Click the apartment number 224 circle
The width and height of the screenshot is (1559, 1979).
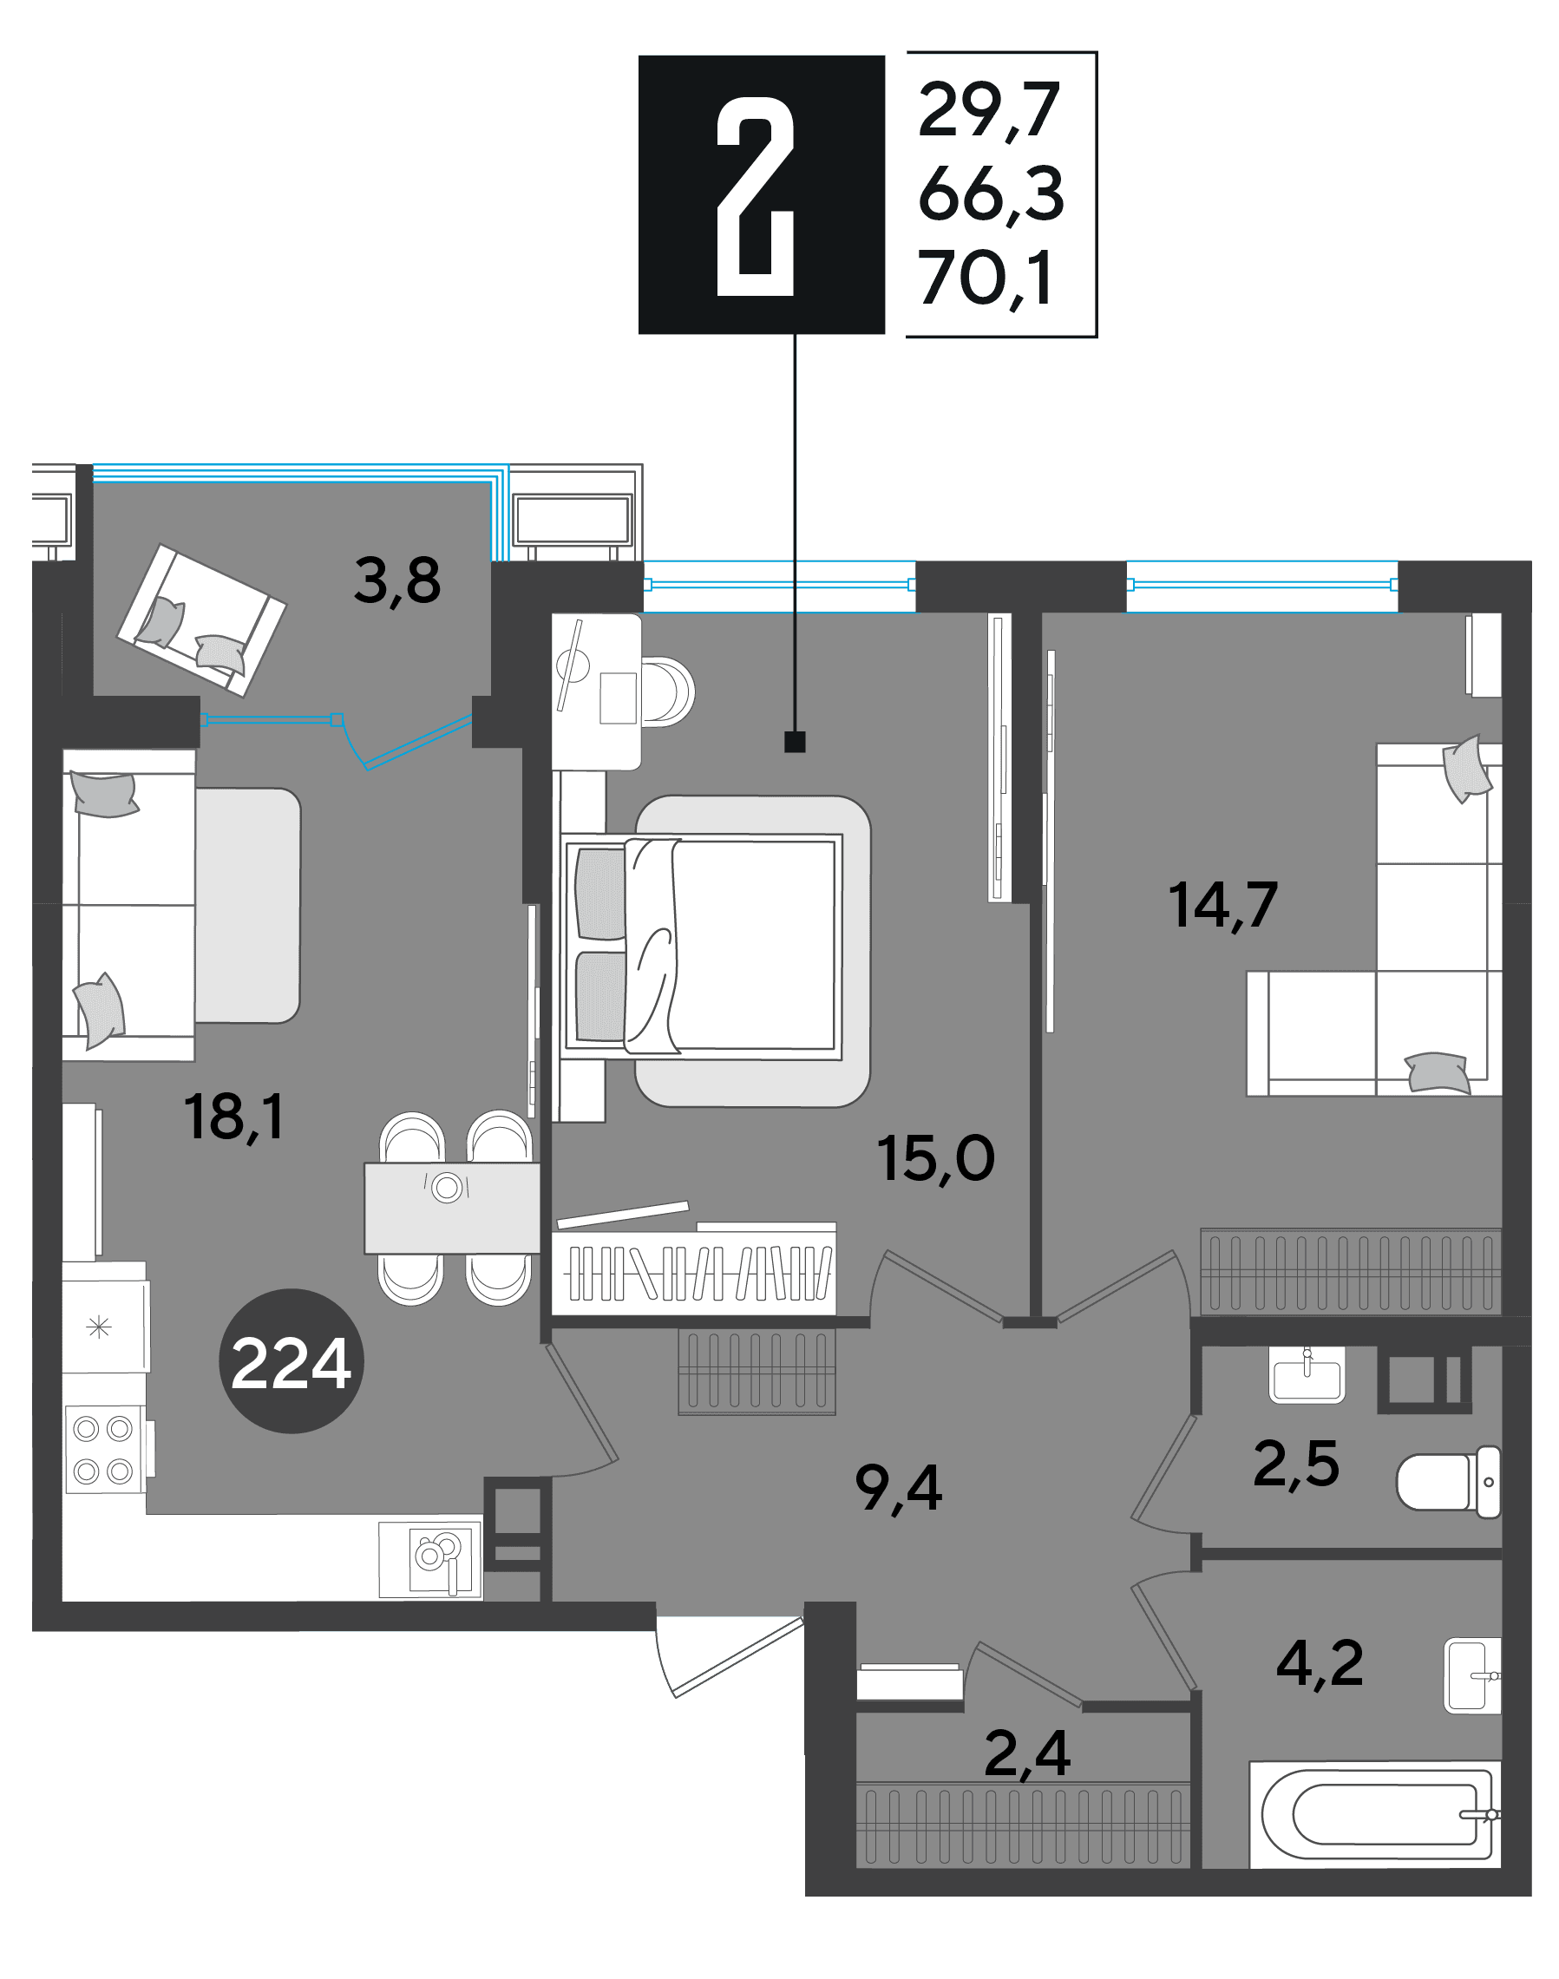[291, 1361]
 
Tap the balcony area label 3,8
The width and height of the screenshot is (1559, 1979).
[397, 580]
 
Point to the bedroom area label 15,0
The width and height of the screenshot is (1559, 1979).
[935, 1158]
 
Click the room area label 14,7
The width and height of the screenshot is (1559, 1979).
[1223, 905]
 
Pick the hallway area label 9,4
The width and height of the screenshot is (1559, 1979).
[898, 1488]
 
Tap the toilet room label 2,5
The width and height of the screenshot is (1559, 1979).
[1296, 1464]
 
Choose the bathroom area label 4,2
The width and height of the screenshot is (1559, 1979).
[1320, 1663]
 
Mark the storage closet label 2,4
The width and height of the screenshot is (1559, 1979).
[1028, 1753]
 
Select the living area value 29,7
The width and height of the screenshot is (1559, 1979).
[988, 110]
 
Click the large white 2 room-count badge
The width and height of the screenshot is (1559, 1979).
[756, 196]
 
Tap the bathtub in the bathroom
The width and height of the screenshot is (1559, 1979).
[1374, 1815]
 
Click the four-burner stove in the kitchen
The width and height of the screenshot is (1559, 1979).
[104, 1450]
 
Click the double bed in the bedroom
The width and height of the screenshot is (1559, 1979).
[701, 947]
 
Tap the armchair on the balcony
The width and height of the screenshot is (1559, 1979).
[200, 620]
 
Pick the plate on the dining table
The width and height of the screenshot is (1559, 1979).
[448, 1188]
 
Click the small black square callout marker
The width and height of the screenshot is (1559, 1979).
[795, 742]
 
